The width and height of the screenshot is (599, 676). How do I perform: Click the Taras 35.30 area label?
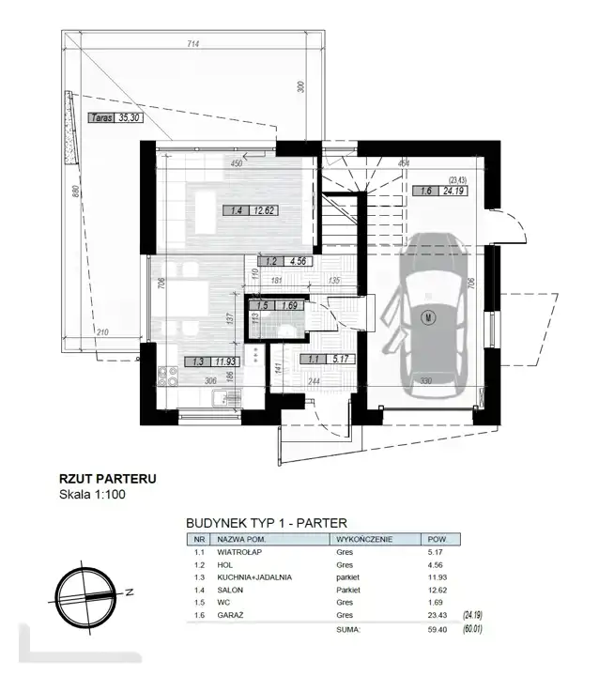pos(115,117)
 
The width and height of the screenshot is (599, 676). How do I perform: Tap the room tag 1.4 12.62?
pos(250,210)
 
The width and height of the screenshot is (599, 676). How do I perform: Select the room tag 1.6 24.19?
pos(440,191)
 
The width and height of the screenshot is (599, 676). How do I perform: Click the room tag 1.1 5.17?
pos(329,359)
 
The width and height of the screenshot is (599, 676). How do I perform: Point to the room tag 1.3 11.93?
pos(212,361)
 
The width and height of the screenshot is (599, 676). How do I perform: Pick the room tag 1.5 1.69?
pos(276,305)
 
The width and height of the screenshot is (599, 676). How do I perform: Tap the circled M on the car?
pos(429,317)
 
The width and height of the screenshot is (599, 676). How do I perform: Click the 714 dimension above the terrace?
pos(193,43)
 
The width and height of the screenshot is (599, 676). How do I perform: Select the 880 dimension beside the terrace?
pos(75,192)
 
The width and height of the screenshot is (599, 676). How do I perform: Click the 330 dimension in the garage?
pos(425,380)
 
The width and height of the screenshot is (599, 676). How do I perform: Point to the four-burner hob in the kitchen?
pos(168,376)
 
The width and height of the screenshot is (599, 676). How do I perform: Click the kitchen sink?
pos(226,397)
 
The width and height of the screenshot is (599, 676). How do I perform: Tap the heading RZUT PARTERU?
pos(107,479)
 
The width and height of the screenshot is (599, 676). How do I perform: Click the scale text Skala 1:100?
pos(92,494)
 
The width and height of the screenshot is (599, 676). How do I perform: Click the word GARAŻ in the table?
pos(230,615)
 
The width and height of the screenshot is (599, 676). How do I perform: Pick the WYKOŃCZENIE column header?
pos(364,539)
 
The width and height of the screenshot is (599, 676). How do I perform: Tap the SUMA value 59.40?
pos(438,629)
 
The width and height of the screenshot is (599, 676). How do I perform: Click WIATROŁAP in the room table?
pos(239,552)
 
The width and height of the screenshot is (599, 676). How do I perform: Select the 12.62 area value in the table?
pos(438,590)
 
